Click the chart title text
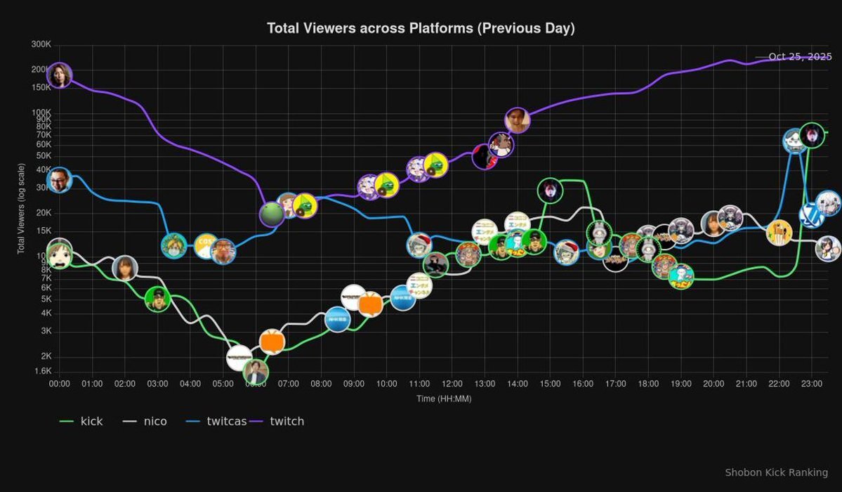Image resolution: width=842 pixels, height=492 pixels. coord(421,28)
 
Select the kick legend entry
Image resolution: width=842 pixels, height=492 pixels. coord(82,421)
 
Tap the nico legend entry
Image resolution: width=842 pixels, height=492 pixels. coord(145,421)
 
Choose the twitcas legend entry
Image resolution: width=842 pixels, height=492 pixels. coord(216,421)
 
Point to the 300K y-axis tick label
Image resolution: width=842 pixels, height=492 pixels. coord(41,44)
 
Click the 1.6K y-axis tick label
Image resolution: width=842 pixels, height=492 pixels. coord(41,371)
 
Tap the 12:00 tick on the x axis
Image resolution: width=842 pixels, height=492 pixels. coord(452,384)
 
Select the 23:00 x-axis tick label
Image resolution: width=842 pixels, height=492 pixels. coord(812,384)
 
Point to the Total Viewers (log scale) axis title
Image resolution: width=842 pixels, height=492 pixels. coord(21,209)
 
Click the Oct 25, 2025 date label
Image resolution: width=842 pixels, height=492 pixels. coord(800,56)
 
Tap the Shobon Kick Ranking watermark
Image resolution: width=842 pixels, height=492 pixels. coord(776,472)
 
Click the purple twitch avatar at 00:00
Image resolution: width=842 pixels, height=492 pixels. coord(60,75)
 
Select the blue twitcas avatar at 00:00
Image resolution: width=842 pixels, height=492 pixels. coord(60,181)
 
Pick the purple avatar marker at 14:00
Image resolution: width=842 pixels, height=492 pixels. coord(517,121)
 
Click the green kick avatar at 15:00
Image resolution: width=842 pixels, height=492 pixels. coord(551,190)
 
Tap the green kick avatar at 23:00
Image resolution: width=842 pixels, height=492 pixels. coord(812,134)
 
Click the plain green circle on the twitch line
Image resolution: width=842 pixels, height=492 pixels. coord(272,214)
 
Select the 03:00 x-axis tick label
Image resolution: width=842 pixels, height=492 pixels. coord(157,384)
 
